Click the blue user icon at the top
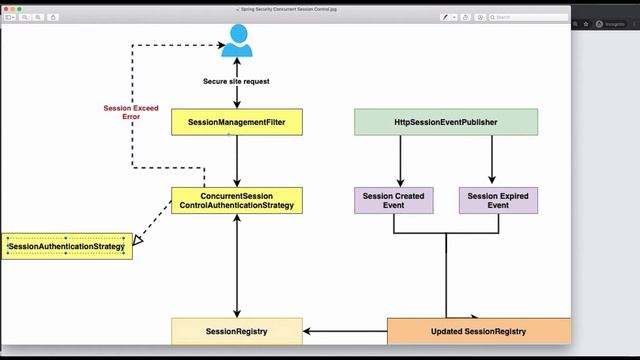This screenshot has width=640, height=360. tap(237, 40)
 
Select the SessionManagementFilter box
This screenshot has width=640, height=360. tap(236, 122)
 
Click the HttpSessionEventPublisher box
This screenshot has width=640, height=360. tap(446, 122)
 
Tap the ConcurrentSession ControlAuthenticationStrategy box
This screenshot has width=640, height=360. tap(236, 200)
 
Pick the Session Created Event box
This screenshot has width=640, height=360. tap(394, 200)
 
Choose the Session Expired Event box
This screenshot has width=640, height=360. tap(498, 200)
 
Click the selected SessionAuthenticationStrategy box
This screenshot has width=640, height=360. tap(66, 246)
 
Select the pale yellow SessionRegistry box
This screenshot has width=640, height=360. tap(236, 331)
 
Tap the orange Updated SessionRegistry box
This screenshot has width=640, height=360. tap(478, 331)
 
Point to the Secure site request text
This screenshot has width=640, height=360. tap(236, 81)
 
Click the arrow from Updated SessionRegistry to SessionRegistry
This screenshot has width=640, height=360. tap(344, 331)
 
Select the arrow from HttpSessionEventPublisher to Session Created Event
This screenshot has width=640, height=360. tap(400, 160)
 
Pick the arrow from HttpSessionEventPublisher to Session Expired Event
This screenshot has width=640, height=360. tap(491, 160)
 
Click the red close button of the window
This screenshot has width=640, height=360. tap(7, 7)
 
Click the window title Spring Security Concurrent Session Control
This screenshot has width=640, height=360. tap(290, 7)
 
